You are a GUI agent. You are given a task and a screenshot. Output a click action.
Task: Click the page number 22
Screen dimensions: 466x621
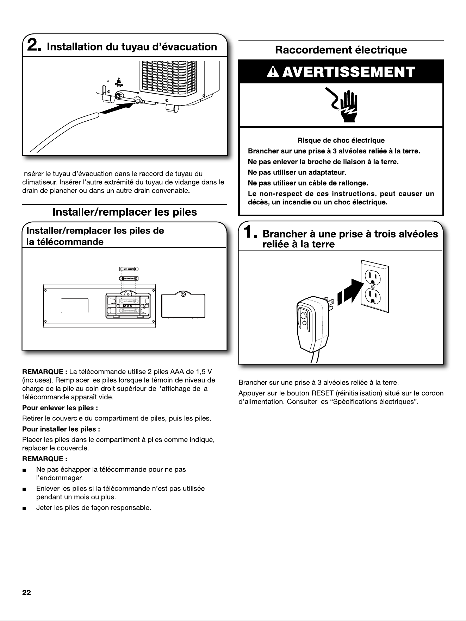[x=26, y=593]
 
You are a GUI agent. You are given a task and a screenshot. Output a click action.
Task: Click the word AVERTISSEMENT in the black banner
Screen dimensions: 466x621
[x=349, y=72]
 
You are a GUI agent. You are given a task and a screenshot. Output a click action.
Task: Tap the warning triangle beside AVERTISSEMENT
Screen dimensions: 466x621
[x=274, y=72]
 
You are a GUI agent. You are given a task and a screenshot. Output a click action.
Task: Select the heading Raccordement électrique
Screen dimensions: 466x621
[x=341, y=50]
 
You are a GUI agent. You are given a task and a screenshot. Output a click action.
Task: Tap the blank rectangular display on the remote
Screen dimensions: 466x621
[x=74, y=305]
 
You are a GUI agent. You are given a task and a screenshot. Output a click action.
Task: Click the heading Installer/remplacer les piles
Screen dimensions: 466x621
[x=125, y=212]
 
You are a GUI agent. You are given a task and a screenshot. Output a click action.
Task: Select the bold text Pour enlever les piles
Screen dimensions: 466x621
[x=60, y=408]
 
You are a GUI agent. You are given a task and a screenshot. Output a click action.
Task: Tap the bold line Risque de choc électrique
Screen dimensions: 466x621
[x=341, y=141]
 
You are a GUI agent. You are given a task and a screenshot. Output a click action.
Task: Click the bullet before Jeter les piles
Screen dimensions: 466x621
[x=24, y=508]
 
